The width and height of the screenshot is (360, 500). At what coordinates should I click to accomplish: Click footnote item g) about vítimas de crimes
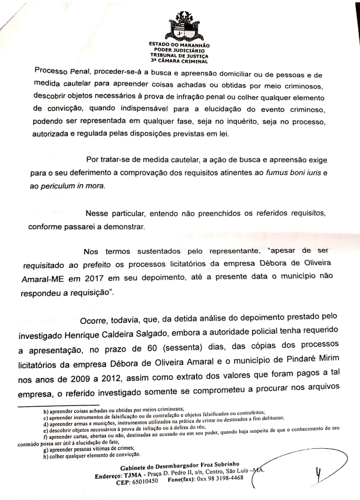(x=91, y=447)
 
